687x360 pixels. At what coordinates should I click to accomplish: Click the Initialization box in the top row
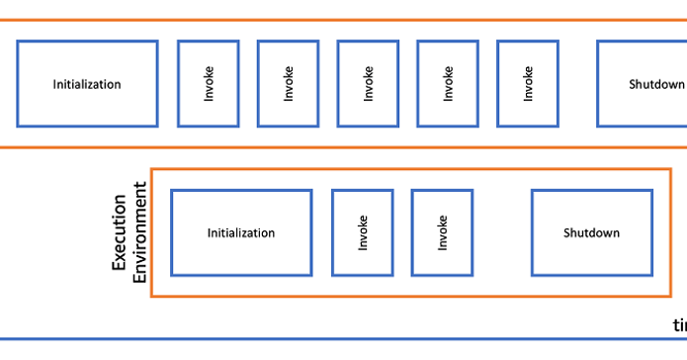tap(87, 84)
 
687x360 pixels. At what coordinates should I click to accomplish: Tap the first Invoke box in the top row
tap(208, 84)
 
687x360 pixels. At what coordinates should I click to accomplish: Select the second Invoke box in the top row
tap(288, 84)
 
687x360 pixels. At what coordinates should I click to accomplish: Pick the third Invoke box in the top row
tap(368, 84)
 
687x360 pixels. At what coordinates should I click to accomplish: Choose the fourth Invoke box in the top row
tap(448, 84)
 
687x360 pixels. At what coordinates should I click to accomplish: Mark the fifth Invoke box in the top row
tap(528, 84)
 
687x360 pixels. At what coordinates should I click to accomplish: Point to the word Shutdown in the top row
tap(656, 84)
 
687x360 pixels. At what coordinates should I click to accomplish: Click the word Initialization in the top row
tap(87, 84)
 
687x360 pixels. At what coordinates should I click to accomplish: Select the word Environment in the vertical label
tap(139, 233)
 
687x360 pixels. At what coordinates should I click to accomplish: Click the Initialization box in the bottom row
tap(241, 232)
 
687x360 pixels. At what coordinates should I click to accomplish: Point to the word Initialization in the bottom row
tap(241, 233)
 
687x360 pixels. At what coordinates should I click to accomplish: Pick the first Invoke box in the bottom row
tap(362, 232)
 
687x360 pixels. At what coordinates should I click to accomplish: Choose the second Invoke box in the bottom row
tap(442, 232)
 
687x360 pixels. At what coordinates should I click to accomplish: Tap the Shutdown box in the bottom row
tap(592, 232)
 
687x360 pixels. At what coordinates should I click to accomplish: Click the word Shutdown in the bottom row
tap(592, 233)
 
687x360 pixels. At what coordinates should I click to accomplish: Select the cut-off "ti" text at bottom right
tap(679, 325)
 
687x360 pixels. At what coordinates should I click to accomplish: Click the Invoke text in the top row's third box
tap(369, 84)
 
